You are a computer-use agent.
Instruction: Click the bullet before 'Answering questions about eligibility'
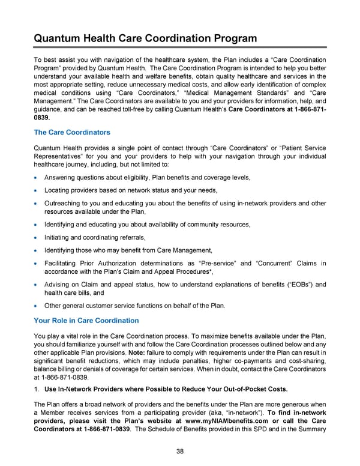38,178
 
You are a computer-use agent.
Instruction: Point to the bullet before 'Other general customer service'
38,305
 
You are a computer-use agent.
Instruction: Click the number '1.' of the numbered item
37,389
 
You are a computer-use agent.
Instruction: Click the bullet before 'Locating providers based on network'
38,190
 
